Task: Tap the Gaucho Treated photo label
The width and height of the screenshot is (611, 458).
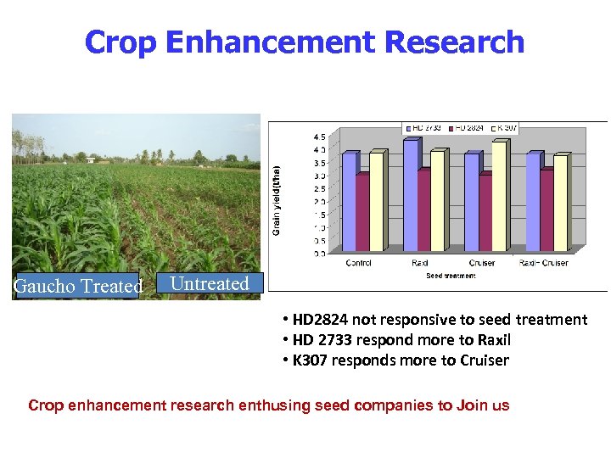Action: coord(77,287)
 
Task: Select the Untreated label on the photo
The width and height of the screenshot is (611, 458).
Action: coord(210,283)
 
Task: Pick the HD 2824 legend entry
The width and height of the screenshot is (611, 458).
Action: coord(469,127)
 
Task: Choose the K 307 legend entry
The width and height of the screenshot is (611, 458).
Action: coord(505,127)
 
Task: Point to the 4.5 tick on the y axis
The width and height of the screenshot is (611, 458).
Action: coord(319,137)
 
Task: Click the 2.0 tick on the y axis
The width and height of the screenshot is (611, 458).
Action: coord(319,202)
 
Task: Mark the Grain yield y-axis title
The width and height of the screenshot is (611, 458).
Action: coord(277,198)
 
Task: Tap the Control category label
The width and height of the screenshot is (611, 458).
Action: coord(358,263)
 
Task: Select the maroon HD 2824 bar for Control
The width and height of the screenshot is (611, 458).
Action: coord(362,213)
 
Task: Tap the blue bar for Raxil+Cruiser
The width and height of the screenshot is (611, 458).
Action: coord(533,203)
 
